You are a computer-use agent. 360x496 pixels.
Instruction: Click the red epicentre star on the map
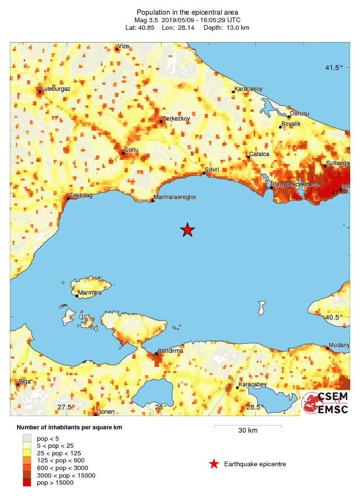188,230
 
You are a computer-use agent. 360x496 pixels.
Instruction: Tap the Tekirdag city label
81,195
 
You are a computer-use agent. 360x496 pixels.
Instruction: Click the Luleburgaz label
56,88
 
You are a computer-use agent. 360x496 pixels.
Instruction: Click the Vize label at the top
124,46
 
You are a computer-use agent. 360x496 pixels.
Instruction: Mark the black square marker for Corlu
123,153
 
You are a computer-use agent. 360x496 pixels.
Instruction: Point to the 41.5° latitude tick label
334,68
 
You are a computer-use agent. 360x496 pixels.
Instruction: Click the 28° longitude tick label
162,407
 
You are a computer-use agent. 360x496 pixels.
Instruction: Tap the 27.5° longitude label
67,407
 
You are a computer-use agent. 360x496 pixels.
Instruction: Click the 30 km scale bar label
248,430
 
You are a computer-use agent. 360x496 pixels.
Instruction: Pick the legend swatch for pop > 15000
27,483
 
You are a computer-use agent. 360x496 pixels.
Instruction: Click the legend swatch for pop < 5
27,438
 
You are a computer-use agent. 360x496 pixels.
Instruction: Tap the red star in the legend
214,464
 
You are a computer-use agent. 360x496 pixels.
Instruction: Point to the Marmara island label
90,293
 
